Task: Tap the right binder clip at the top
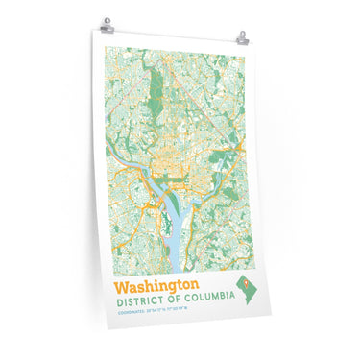[x=244, y=38]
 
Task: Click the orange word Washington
[x=156, y=287]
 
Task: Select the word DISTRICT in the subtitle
[x=137, y=300]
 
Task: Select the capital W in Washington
[x=122, y=287]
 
